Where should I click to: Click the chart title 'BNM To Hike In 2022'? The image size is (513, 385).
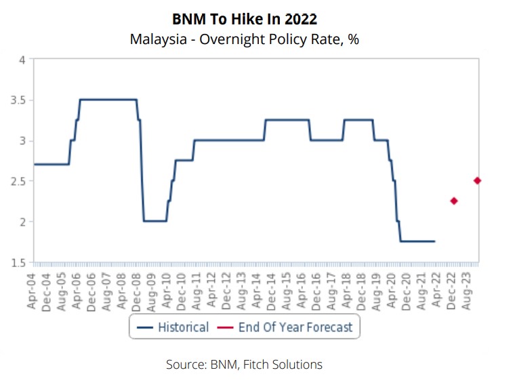coord(244,19)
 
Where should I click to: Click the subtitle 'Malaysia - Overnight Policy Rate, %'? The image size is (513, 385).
coord(244,39)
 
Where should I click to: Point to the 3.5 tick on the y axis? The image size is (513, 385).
coord(18,100)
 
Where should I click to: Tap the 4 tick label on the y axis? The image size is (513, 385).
coord(22,60)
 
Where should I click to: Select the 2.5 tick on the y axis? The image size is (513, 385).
coord(18,181)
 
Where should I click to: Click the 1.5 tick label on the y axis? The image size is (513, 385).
coord(18,262)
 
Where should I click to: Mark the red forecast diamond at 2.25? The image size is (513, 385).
coord(454,201)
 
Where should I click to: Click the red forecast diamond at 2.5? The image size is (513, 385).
coord(477,180)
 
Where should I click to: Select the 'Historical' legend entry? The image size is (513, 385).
coord(173,327)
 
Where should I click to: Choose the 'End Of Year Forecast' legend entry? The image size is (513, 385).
coord(287,327)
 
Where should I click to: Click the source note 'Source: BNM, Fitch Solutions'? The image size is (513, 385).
coord(244,365)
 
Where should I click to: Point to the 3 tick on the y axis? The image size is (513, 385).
coord(22,141)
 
